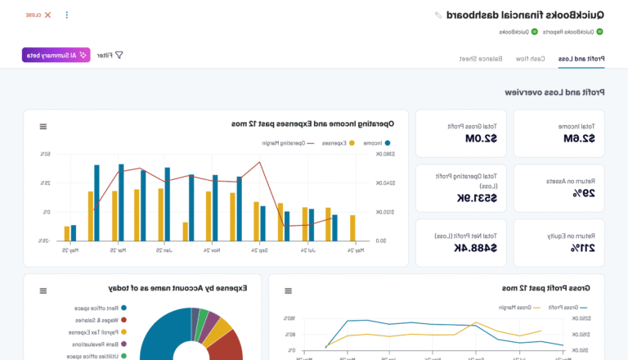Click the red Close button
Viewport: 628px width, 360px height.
38,15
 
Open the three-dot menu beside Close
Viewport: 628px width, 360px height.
67,15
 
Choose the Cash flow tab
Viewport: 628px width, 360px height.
527,59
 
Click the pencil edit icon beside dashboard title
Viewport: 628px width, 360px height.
438,15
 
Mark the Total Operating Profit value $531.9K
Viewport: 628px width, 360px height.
456,198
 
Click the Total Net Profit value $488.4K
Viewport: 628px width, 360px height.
455,248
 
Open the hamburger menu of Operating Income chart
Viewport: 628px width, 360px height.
43,126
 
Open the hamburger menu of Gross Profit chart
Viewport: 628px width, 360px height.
288,290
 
